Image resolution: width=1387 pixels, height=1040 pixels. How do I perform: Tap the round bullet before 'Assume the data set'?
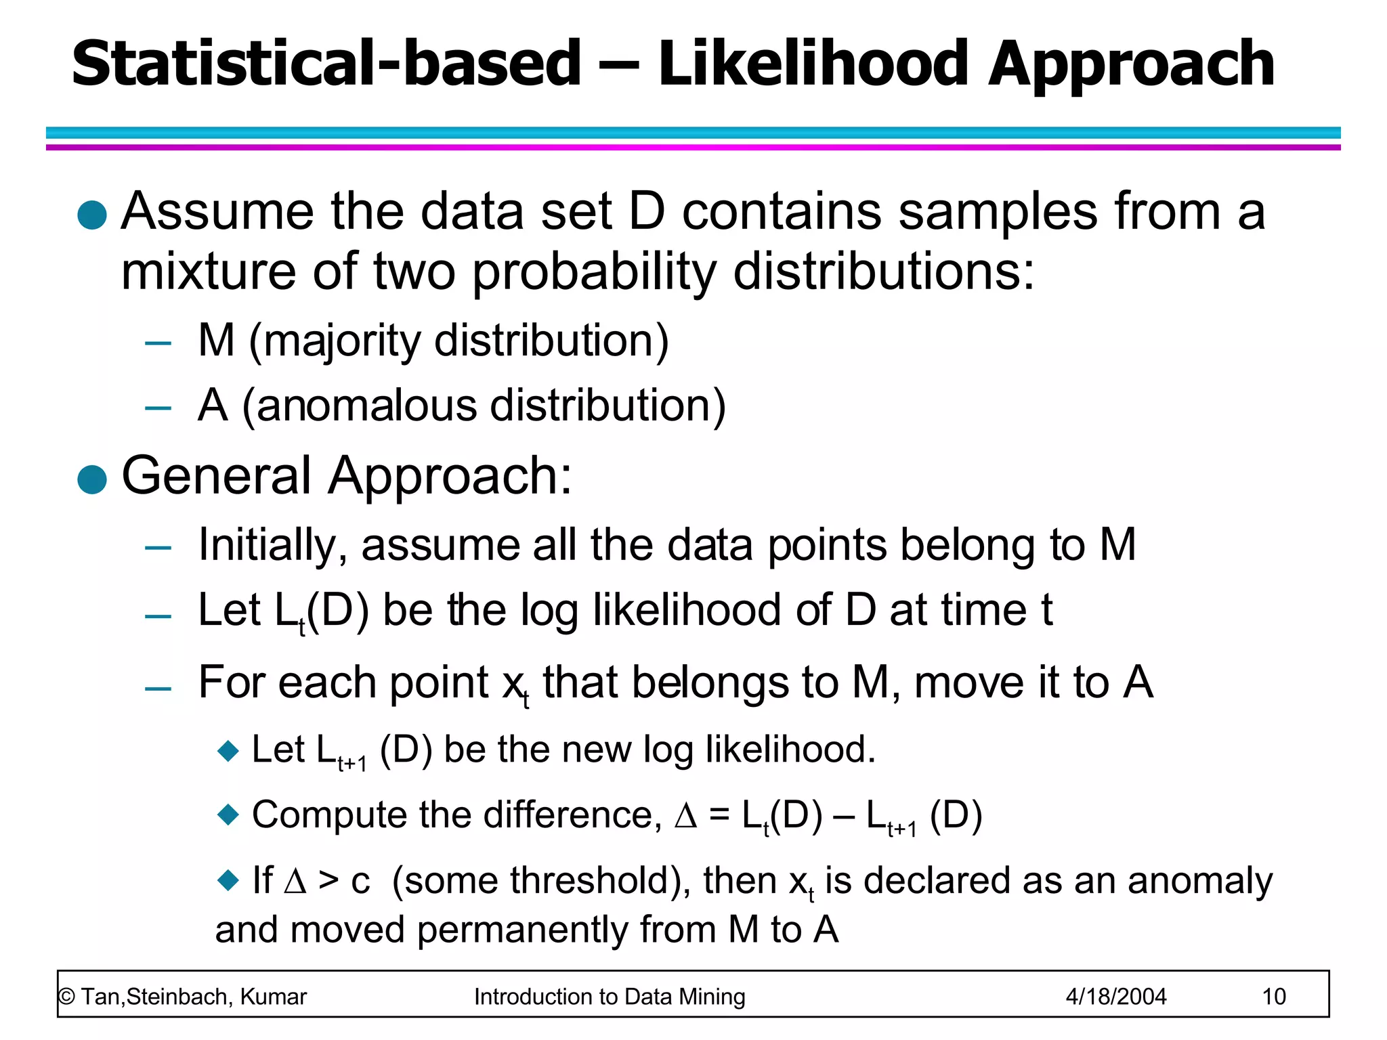[93, 215]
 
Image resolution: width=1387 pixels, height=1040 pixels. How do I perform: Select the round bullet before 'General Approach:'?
[93, 479]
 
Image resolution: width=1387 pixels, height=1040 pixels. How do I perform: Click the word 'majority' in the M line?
[342, 341]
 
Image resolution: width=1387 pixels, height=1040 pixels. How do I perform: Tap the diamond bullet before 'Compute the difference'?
[228, 814]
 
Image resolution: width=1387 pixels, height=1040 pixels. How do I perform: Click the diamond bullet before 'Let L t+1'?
[228, 750]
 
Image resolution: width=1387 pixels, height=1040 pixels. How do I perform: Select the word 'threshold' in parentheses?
[595, 880]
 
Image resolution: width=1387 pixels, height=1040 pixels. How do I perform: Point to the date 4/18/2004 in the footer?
[1116, 997]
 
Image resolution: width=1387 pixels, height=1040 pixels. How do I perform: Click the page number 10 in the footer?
[1274, 997]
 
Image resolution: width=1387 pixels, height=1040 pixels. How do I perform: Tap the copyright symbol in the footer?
[66, 997]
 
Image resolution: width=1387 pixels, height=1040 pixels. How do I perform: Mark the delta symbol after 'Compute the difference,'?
[686, 816]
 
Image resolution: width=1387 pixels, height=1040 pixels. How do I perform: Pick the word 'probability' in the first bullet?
[594, 272]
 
